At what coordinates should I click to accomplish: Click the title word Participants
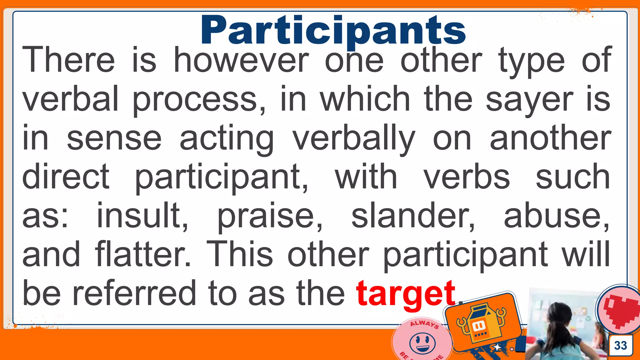click(x=333, y=31)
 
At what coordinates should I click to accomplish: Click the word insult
click(x=142, y=215)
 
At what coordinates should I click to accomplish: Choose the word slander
click(x=413, y=215)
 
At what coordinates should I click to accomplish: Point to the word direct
click(x=66, y=177)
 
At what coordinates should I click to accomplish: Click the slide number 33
click(x=620, y=345)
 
